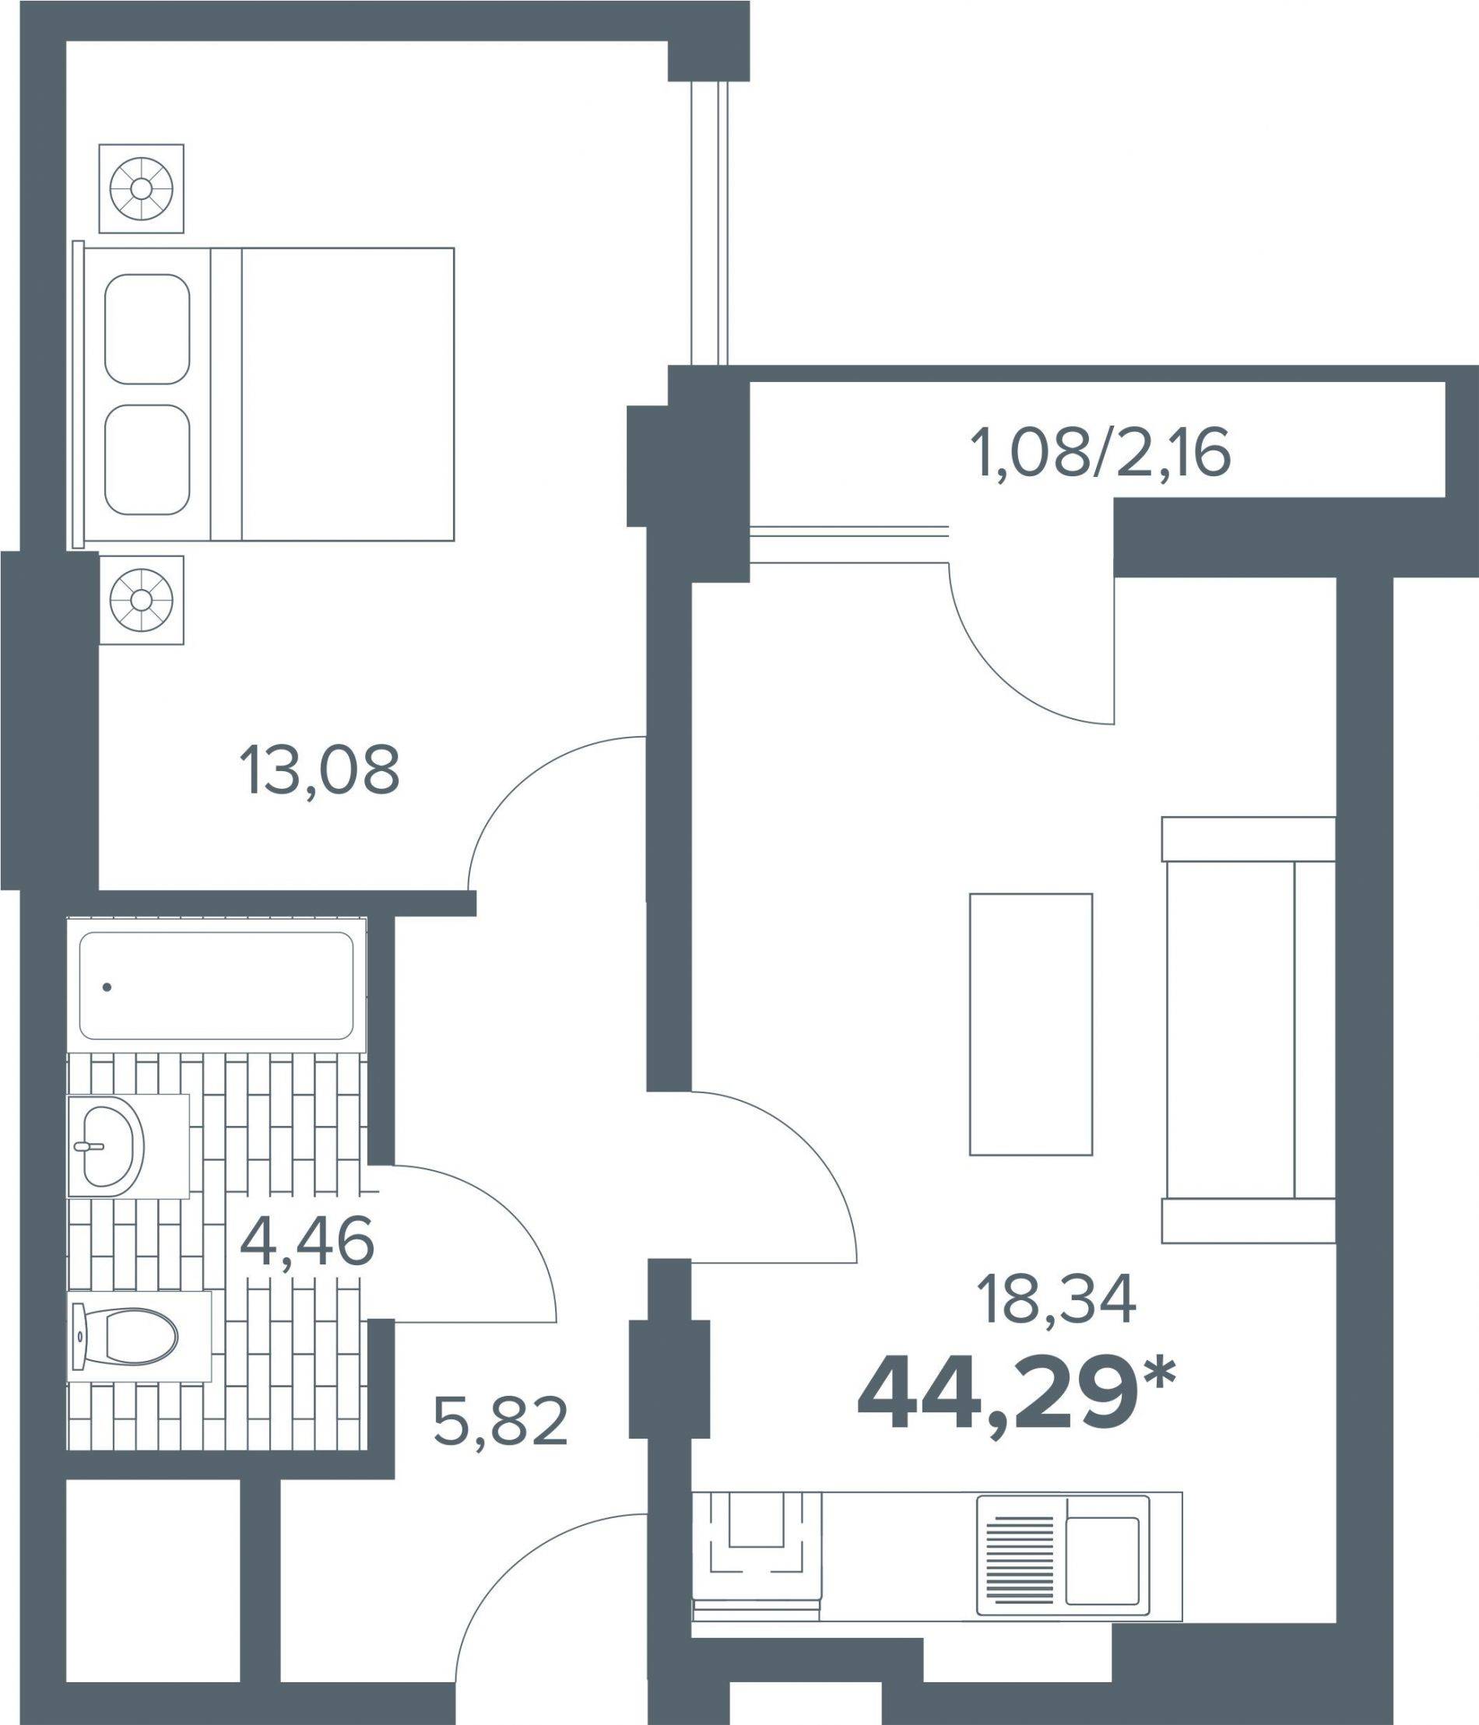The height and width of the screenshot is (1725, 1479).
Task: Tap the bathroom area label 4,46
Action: (x=306, y=1245)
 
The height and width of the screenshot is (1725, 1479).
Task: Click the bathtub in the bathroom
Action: (x=216, y=985)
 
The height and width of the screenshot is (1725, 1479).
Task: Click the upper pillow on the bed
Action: (x=147, y=329)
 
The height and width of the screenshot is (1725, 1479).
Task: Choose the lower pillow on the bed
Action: (x=147, y=460)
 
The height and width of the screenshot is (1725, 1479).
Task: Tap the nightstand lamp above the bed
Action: (x=141, y=188)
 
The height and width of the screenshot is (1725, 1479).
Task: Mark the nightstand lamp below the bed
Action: (x=142, y=599)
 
